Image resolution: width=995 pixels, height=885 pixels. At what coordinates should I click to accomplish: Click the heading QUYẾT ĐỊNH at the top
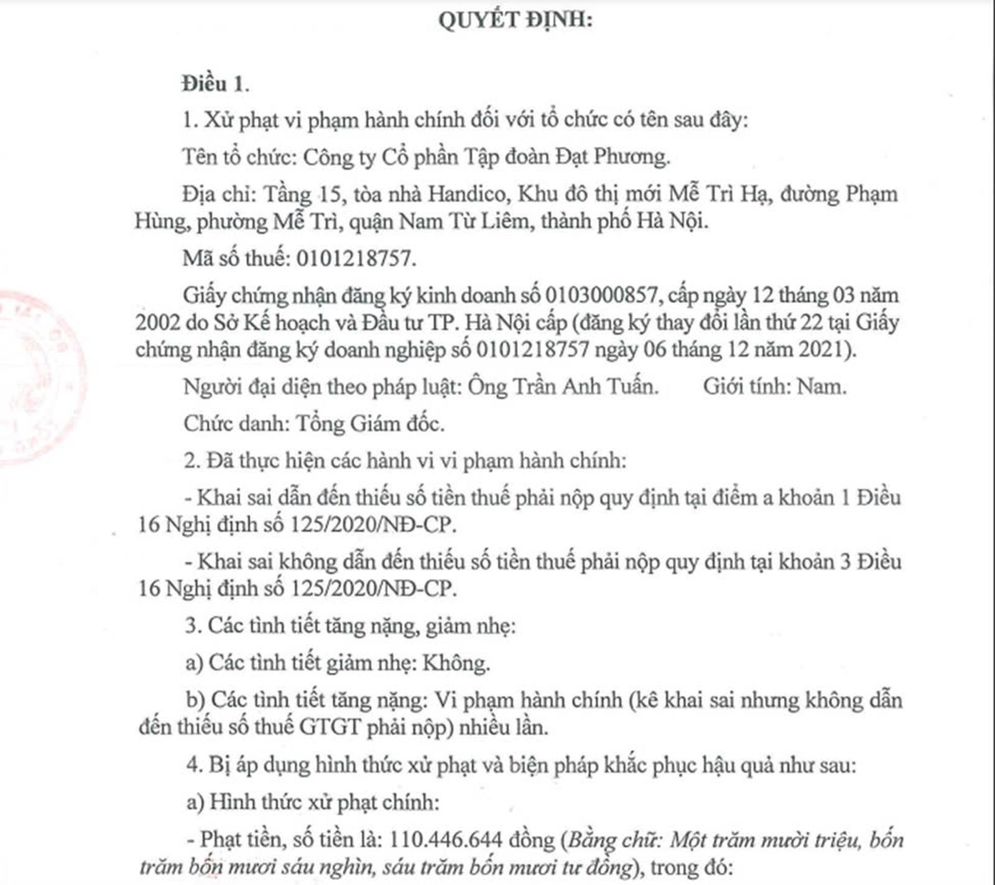(515, 21)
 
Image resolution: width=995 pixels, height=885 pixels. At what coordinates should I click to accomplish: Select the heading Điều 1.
(215, 84)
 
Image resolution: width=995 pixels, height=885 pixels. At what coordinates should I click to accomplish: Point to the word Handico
(466, 195)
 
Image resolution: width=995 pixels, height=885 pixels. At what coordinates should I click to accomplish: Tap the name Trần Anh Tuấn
(585, 387)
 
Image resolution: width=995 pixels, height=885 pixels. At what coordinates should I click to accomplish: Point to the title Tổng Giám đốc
(369, 424)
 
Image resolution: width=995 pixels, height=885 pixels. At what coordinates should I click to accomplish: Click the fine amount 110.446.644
(445, 840)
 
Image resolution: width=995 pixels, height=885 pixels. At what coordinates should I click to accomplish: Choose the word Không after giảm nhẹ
(455, 663)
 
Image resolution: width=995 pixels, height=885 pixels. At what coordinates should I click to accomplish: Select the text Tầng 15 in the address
(303, 195)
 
